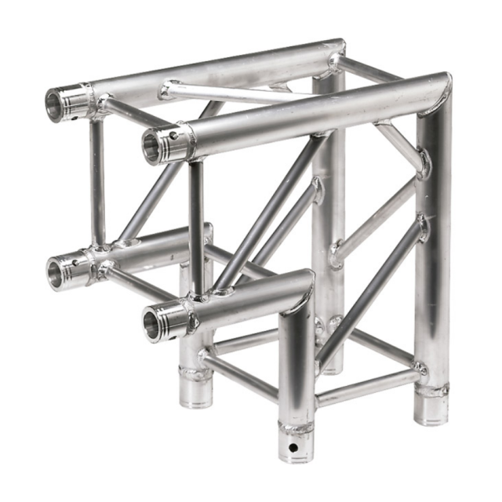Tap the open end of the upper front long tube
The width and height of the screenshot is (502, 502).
152,147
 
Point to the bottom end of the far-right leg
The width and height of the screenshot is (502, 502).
431,413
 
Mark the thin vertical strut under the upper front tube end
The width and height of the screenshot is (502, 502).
196,227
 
